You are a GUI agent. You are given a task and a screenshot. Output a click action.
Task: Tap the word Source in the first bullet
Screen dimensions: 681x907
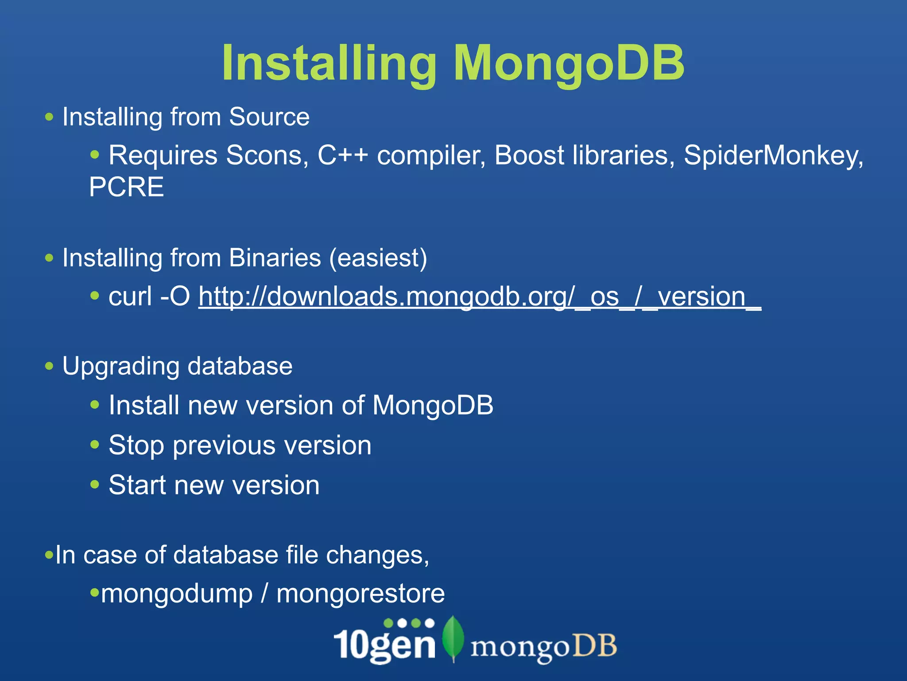pos(269,117)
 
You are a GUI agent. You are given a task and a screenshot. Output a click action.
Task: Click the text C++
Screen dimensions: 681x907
pos(343,156)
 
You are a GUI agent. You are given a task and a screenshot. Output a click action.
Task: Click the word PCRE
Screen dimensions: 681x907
pos(126,187)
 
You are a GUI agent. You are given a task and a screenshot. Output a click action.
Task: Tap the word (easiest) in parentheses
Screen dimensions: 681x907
pos(378,258)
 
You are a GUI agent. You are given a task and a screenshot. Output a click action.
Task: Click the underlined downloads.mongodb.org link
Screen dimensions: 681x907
pos(480,296)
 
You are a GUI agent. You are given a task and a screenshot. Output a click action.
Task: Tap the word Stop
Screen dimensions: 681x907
pos(136,445)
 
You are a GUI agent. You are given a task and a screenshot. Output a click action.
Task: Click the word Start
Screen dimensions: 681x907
pos(137,485)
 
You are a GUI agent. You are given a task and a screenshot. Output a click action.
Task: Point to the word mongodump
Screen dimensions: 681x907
pos(177,594)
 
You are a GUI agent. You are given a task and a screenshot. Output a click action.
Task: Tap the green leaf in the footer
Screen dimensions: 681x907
pos(453,639)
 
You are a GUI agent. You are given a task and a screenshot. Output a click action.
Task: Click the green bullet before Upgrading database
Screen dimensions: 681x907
pos(49,366)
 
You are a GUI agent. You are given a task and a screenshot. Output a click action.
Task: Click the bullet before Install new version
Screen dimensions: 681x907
pos(94,404)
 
